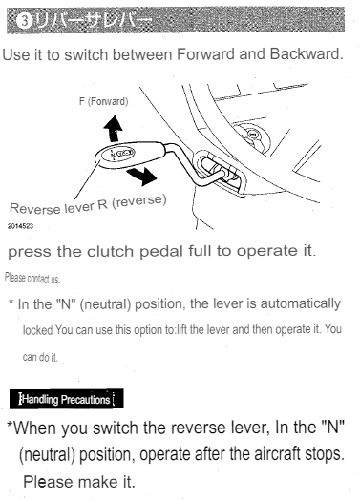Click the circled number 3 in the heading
click(x=13, y=16)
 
